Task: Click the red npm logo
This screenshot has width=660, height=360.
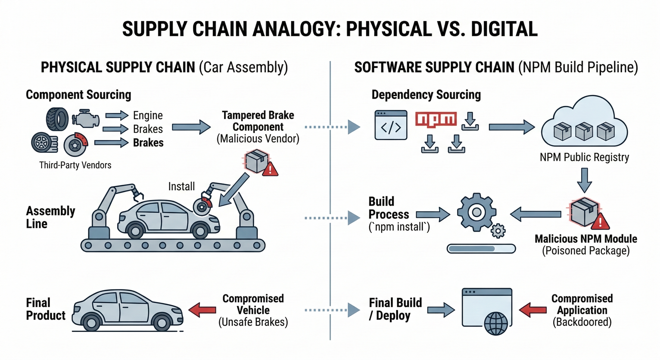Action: [436, 119]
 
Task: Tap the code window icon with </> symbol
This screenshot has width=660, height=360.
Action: [391, 125]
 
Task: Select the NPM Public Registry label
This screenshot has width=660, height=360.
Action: [584, 157]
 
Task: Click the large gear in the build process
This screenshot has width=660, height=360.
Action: [476, 212]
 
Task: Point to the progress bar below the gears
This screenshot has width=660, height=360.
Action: [481, 248]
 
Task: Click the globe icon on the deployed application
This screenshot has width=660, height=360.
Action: [496, 323]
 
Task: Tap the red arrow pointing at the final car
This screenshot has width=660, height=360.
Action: [202, 310]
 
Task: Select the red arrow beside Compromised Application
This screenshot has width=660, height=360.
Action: [533, 310]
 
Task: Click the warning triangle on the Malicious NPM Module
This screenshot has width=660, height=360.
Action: [600, 222]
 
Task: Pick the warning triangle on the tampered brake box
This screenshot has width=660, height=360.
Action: [270, 169]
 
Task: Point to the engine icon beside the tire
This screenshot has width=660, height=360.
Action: [86, 118]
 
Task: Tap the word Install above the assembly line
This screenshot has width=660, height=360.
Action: [181, 186]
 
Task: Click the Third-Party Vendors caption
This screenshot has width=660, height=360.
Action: [75, 165]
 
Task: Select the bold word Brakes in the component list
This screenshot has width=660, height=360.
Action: [148, 143]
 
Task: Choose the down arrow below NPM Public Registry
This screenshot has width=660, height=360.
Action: [584, 180]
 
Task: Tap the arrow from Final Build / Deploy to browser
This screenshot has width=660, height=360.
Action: [441, 310]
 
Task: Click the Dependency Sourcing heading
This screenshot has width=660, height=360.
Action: [426, 95]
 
